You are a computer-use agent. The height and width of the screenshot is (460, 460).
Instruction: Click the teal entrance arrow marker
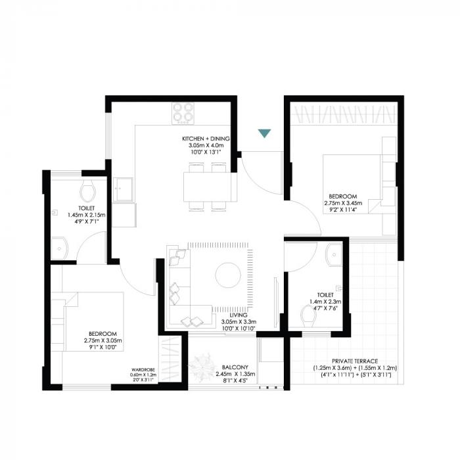[264, 133]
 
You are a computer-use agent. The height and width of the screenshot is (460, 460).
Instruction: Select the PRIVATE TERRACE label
[356, 361]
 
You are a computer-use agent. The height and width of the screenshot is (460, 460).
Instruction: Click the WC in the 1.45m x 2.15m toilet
[88, 192]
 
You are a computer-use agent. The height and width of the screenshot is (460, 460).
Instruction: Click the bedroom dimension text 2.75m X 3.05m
[104, 340]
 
